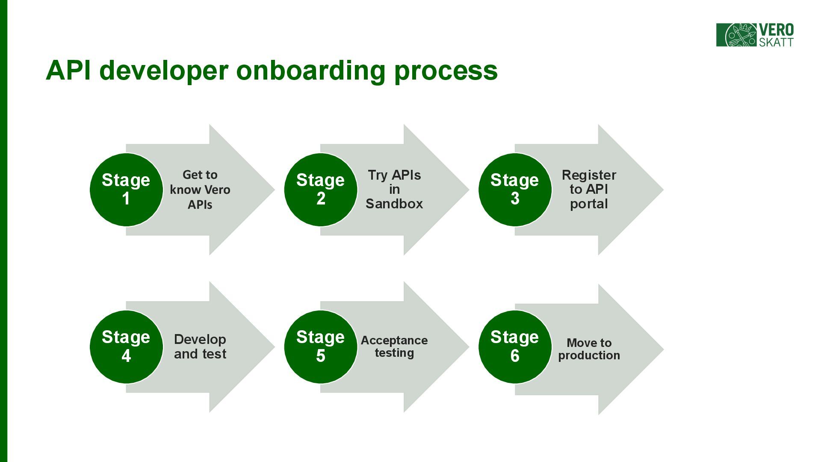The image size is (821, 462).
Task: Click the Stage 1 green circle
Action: pos(126,190)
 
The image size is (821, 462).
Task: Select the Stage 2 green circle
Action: pos(321,190)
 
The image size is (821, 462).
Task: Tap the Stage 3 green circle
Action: pos(515,190)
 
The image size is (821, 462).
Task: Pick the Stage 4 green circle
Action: pos(126,346)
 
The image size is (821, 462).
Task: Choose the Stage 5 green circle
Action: pos(321,346)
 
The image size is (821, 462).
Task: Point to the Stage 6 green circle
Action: pos(515,346)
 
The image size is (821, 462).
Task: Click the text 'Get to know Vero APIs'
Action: pos(200,190)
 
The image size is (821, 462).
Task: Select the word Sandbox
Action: pos(394,204)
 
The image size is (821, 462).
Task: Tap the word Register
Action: pos(589,175)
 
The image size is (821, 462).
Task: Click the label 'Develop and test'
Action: pos(200,346)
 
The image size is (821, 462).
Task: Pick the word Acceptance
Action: pos(394,341)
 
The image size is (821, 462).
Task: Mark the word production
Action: pos(589,355)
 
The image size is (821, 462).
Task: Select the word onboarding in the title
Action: pos(310,70)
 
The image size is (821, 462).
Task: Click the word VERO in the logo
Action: pos(776,30)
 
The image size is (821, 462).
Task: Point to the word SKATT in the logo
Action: pos(776,42)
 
